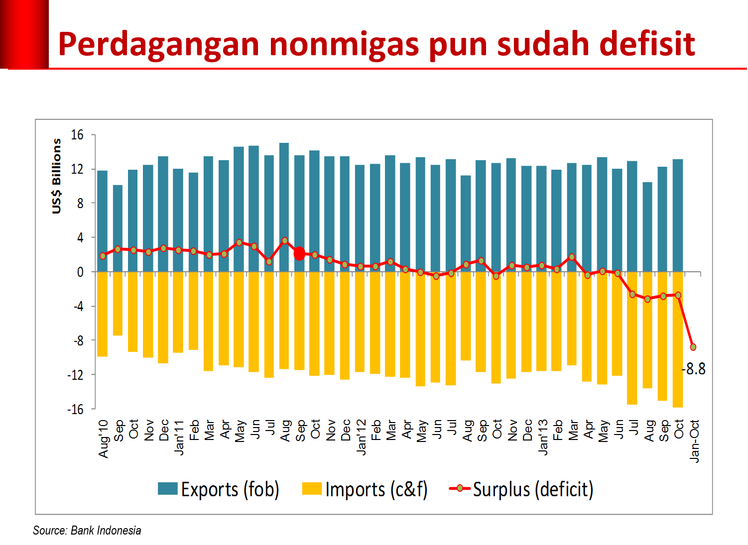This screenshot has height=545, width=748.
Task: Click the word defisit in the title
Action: tap(647, 44)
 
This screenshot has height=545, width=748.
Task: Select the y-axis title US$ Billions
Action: tap(57, 176)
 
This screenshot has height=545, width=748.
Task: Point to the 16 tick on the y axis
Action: tap(77, 135)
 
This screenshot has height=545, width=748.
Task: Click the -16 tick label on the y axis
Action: tap(75, 409)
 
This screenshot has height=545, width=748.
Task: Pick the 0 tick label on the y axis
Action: tap(80, 272)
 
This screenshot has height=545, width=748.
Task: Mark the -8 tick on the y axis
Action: tap(78, 341)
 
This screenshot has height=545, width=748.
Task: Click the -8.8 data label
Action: tap(694, 369)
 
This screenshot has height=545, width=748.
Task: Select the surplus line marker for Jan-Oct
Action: tap(693, 347)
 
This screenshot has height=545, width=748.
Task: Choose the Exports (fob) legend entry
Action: tap(219, 489)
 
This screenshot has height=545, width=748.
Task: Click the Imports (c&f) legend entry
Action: tap(365, 489)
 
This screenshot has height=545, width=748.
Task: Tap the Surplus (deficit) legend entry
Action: tap(521, 489)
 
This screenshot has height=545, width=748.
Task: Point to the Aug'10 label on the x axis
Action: tap(104, 438)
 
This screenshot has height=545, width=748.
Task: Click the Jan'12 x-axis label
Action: tap(362, 437)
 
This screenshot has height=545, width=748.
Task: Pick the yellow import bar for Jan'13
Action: tap(541, 321)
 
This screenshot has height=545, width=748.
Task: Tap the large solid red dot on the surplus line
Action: tap(299, 254)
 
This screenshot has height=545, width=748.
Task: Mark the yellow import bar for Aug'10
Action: tap(103, 314)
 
